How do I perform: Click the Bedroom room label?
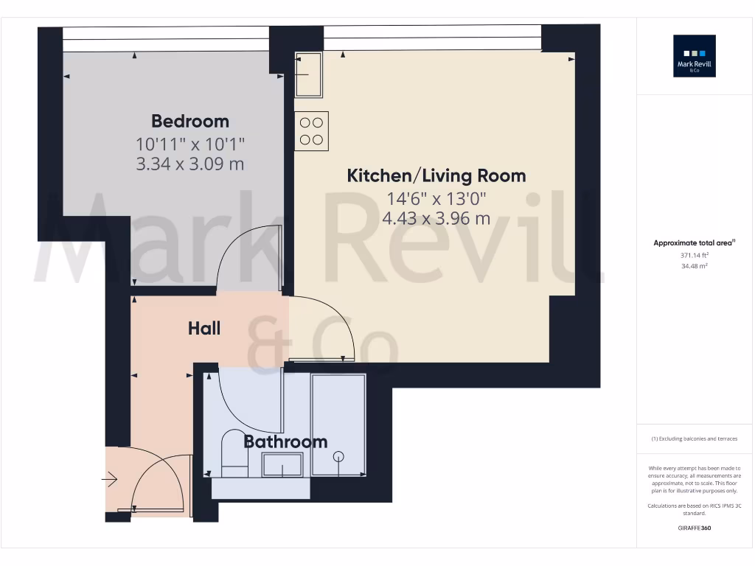[x=190, y=121]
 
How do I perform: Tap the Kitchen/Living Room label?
[x=436, y=175]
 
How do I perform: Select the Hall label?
[x=204, y=328]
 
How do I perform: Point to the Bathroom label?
[x=285, y=441]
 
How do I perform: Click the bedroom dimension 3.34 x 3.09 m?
[x=190, y=164]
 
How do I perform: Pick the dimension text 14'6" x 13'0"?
[x=436, y=198]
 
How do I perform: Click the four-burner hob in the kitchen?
[x=311, y=131]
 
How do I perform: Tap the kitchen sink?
[x=308, y=74]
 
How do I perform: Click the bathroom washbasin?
[x=282, y=466]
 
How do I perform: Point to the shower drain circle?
[x=338, y=455]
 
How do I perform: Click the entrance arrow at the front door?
[x=110, y=481]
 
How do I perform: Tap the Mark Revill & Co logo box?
[x=695, y=56]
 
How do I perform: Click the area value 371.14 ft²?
[x=695, y=256]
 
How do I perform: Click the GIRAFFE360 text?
[x=695, y=528]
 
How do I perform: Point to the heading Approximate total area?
[x=695, y=242]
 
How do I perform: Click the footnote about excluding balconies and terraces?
[x=695, y=439]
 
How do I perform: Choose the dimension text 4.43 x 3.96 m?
[x=436, y=218]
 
